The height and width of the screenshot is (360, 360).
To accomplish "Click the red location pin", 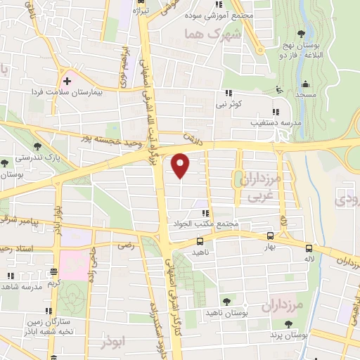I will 181,165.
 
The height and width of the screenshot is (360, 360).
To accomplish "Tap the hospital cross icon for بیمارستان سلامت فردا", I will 67,81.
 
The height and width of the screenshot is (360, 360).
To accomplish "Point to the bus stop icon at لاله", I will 309,247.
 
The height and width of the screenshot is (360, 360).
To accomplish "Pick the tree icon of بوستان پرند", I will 287,324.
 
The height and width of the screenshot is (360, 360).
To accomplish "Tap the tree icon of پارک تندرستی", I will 37,146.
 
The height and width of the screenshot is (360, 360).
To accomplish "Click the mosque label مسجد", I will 305,94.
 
